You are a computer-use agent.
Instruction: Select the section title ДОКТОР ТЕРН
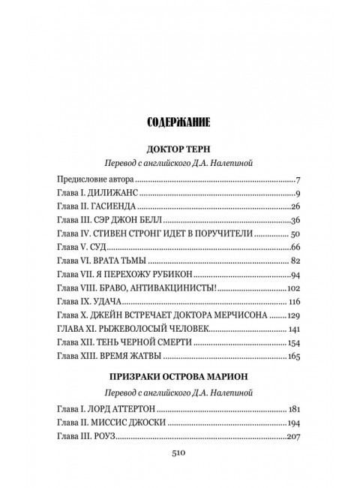coord(179,148)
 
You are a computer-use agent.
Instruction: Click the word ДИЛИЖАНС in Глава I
coord(118,195)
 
